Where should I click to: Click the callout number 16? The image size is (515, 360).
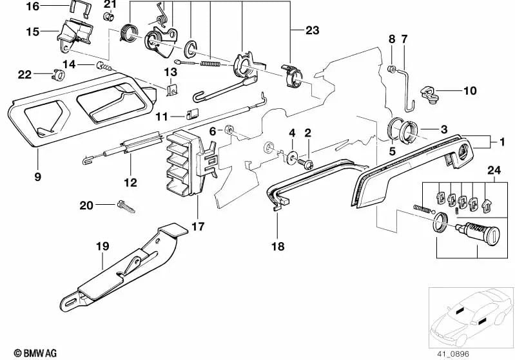32,6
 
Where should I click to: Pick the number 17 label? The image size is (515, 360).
197,227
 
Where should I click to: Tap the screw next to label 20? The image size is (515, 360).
125,206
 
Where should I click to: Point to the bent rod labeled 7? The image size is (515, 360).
403,84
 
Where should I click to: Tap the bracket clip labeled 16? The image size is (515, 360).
77,10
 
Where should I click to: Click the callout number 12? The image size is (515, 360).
130,183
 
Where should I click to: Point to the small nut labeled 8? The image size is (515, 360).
391,68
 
